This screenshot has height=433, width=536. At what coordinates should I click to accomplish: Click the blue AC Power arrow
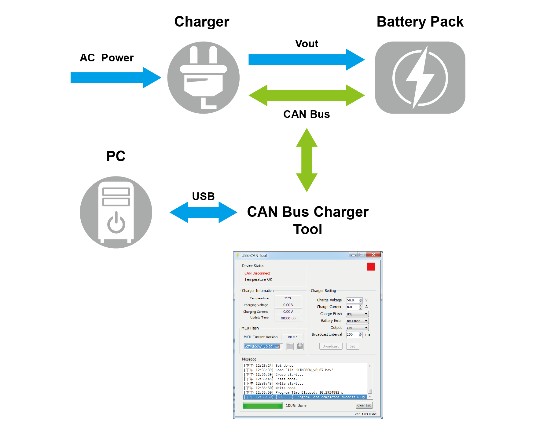click(116, 78)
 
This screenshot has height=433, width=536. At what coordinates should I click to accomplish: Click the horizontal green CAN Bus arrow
click(307, 96)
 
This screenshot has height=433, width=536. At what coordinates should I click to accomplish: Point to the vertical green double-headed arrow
click(307, 160)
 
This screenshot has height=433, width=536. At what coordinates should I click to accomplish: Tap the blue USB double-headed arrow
click(203, 212)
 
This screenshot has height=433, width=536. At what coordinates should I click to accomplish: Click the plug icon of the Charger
click(203, 78)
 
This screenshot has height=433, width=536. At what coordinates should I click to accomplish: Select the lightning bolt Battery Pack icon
click(420, 78)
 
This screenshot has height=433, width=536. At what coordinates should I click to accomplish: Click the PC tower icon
click(116, 212)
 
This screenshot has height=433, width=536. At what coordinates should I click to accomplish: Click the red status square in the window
click(371, 267)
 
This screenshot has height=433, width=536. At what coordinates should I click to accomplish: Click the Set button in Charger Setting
click(352, 346)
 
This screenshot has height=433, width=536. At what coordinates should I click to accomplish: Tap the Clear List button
click(364, 405)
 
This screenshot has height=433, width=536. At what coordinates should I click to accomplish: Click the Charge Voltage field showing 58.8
click(352, 300)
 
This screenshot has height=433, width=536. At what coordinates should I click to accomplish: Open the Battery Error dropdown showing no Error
click(357, 321)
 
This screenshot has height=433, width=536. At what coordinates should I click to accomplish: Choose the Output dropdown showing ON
click(357, 328)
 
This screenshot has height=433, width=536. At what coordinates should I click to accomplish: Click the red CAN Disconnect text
click(257, 273)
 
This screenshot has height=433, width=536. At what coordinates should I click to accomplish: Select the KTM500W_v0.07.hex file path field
click(263, 347)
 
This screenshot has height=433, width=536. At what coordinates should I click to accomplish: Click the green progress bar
click(262, 406)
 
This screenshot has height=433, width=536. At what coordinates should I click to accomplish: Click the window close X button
click(373, 255)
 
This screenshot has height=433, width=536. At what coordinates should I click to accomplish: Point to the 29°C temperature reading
click(288, 298)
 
